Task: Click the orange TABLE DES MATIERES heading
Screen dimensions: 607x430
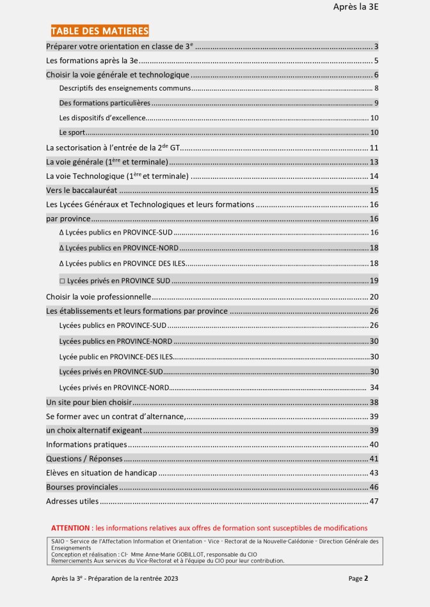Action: [x=99, y=31]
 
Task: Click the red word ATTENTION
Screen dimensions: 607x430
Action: [x=71, y=528]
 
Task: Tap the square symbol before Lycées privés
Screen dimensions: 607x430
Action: [x=62, y=280]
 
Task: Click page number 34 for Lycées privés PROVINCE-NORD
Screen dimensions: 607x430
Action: [x=374, y=387]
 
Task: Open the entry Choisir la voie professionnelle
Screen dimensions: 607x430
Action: [x=99, y=296]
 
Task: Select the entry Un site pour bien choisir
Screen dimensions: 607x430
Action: [x=89, y=403]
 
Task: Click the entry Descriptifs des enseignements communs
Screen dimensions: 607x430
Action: [x=125, y=88]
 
